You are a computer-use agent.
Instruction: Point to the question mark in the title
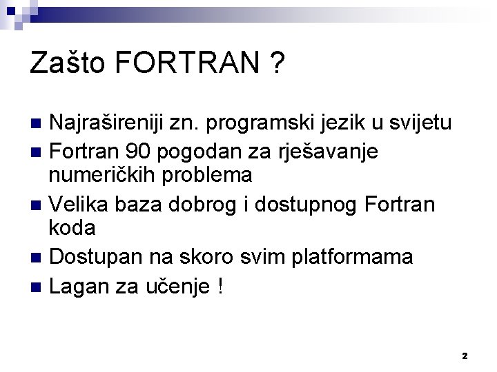tap(278, 64)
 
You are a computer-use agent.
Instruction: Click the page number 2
tap(465, 355)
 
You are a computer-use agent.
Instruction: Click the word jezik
tap(342, 124)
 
